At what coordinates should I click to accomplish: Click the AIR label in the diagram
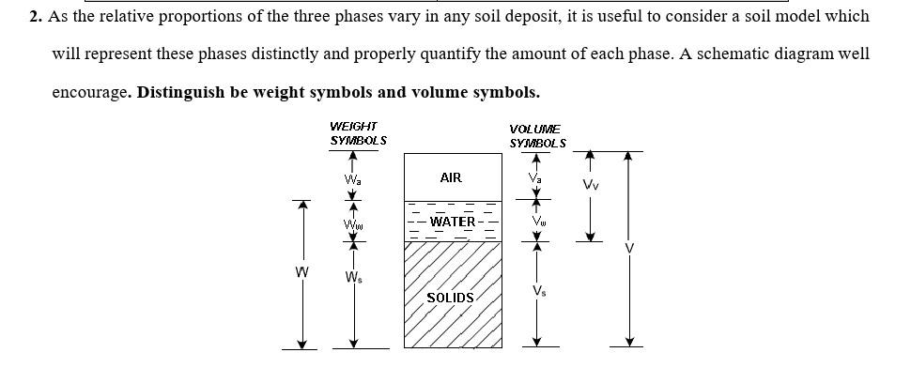451,177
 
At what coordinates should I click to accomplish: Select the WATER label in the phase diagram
453,222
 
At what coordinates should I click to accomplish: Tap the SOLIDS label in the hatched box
451,298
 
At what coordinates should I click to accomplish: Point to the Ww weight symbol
352,223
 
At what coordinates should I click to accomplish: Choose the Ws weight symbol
352,277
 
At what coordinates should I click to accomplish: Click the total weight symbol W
301,273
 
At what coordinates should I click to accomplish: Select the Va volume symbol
535,177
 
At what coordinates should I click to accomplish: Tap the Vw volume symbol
537,222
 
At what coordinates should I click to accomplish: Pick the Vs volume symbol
537,290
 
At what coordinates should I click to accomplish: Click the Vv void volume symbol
590,185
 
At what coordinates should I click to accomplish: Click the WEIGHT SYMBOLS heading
358,133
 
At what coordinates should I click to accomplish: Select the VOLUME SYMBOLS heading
537,136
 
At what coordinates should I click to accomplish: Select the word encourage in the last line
89,93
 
